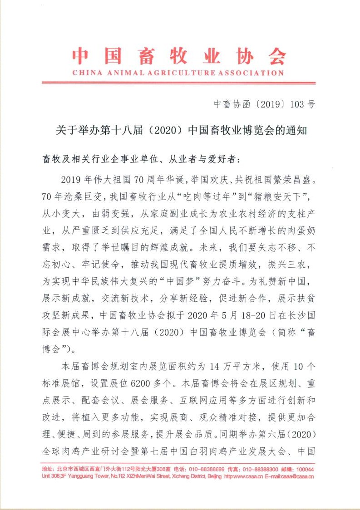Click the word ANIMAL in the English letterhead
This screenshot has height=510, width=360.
(x=122, y=73)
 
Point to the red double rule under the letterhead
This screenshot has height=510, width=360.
(x=178, y=83)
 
